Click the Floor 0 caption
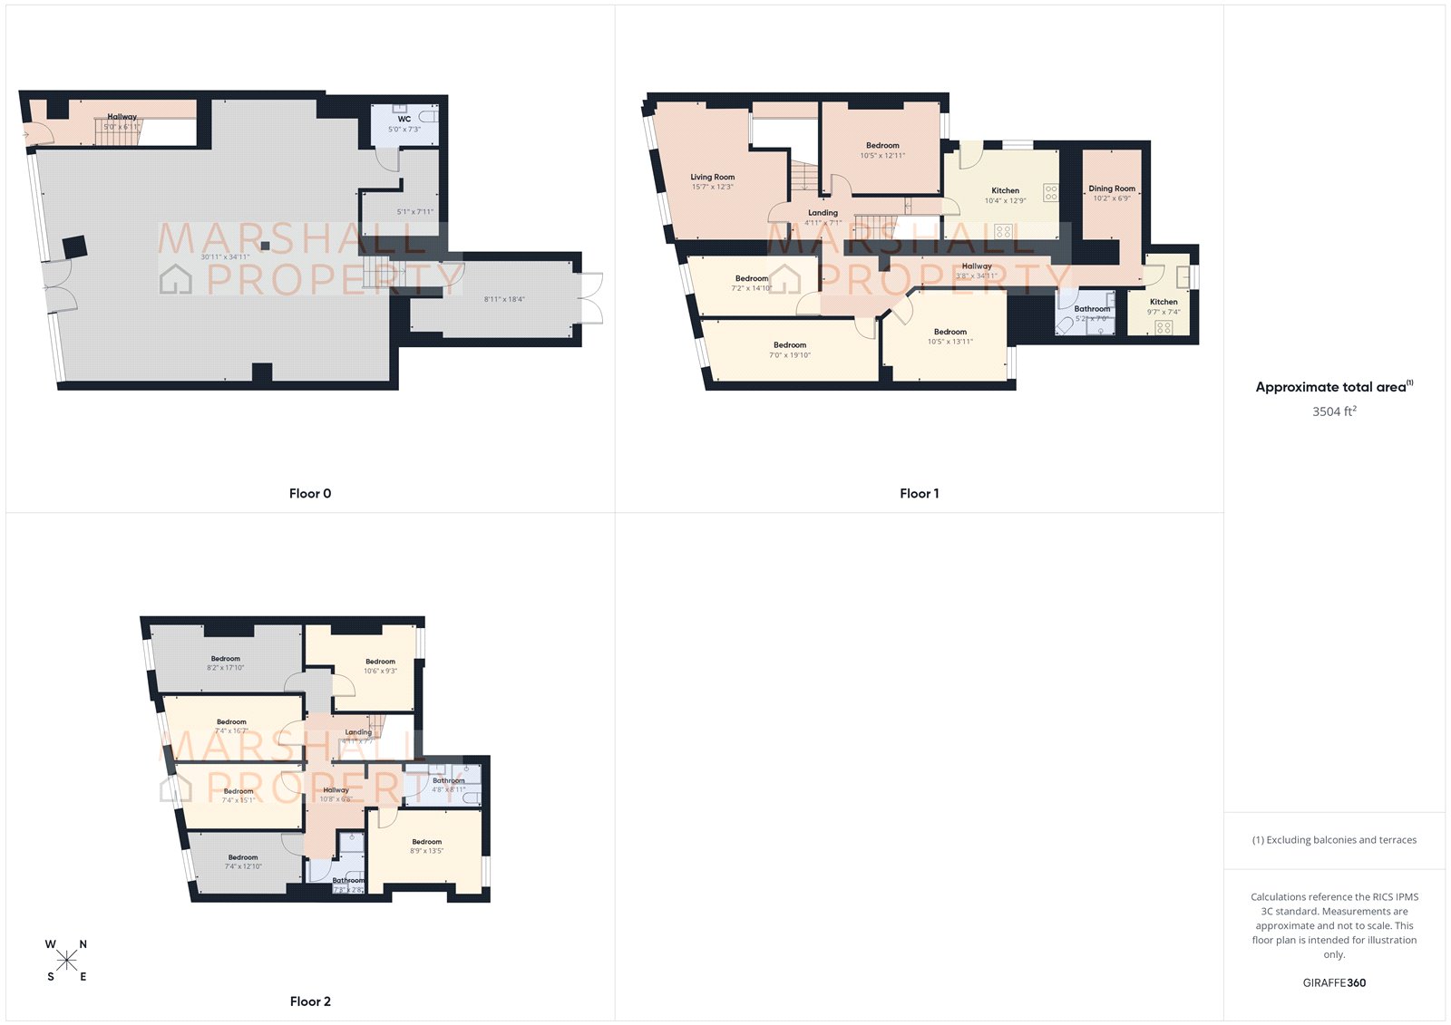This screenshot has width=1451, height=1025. click(x=310, y=494)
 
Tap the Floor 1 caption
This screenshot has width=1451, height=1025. click(x=919, y=494)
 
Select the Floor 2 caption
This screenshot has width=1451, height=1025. click(x=310, y=1001)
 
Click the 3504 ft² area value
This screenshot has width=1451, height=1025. click(x=1334, y=411)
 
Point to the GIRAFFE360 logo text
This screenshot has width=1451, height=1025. click(x=1334, y=982)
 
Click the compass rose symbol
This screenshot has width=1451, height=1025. click(x=66, y=961)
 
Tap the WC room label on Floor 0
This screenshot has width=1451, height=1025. click(x=404, y=119)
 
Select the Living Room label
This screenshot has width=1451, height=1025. click(x=713, y=178)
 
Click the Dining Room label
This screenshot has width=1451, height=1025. click(x=1112, y=189)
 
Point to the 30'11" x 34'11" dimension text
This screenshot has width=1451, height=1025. click(x=225, y=257)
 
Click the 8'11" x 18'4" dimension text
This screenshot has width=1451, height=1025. click(x=504, y=299)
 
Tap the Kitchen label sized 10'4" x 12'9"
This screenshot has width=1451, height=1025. click(x=1005, y=190)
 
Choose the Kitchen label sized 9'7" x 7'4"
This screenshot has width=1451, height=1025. click(x=1164, y=302)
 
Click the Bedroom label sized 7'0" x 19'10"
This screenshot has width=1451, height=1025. click(x=790, y=345)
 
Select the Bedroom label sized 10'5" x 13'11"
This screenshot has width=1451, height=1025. click(x=950, y=332)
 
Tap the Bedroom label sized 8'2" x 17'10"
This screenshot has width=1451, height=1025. click(x=226, y=659)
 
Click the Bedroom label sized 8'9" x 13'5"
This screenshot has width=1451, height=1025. click(x=426, y=842)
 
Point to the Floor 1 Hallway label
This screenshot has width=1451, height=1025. click(x=977, y=266)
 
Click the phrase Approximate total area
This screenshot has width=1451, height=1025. click(x=1330, y=387)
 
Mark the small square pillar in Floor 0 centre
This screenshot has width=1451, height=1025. click(x=265, y=246)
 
